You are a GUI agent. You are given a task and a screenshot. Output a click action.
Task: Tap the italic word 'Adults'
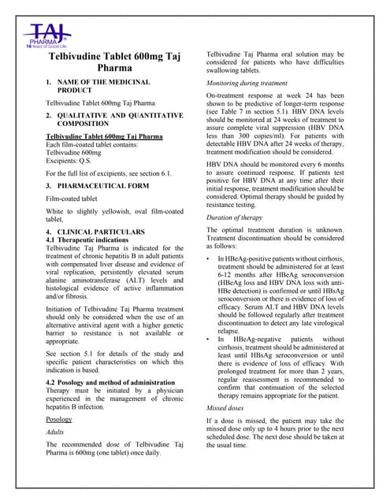(x=57, y=432)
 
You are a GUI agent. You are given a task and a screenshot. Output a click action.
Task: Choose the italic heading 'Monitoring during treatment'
(x=249, y=82)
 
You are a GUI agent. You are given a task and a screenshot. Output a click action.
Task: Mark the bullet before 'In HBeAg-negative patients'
(x=207, y=339)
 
